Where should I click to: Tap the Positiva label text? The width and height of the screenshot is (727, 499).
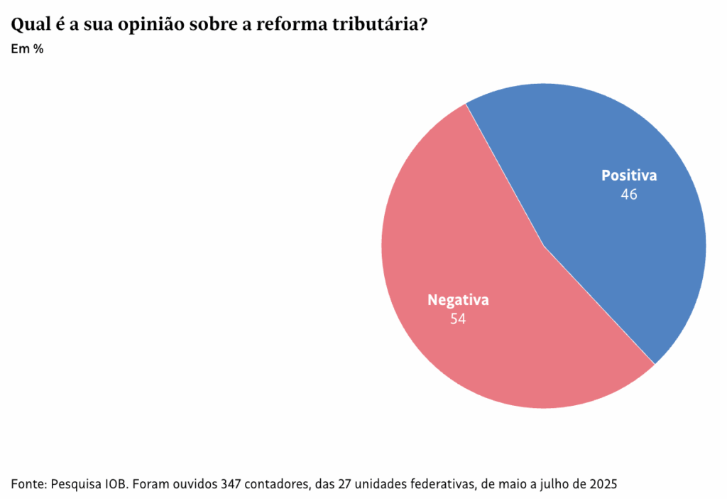click(629, 176)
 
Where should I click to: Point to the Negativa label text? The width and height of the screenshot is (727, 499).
click(458, 300)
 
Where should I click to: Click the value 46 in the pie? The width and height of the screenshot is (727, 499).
click(629, 194)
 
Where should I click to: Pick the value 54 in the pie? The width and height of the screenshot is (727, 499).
click(458, 319)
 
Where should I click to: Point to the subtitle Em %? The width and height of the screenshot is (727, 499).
click(28, 49)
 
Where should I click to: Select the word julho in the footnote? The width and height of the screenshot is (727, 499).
click(557, 484)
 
